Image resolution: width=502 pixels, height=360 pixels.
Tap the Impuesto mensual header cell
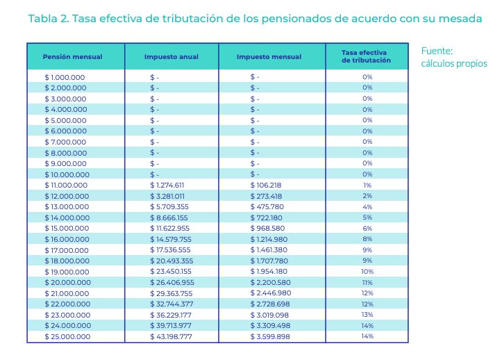269,56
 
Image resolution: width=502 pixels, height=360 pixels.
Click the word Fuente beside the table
437,51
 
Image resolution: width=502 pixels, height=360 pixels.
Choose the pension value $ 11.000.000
67,186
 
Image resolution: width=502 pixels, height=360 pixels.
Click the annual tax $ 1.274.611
167,186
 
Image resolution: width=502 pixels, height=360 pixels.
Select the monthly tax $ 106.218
265,186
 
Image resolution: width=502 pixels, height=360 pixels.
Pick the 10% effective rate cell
367,272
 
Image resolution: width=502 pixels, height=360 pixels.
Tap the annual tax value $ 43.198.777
171,336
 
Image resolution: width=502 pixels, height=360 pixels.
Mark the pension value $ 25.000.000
67,336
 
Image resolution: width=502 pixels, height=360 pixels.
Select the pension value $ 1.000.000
66,77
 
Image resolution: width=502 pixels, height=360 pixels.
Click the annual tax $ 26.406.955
171,282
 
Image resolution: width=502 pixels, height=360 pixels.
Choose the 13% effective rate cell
367,315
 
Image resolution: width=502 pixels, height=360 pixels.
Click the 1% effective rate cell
367,186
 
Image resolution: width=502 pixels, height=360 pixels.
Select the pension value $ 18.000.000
67,261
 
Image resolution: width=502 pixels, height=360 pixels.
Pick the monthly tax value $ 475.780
267,207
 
